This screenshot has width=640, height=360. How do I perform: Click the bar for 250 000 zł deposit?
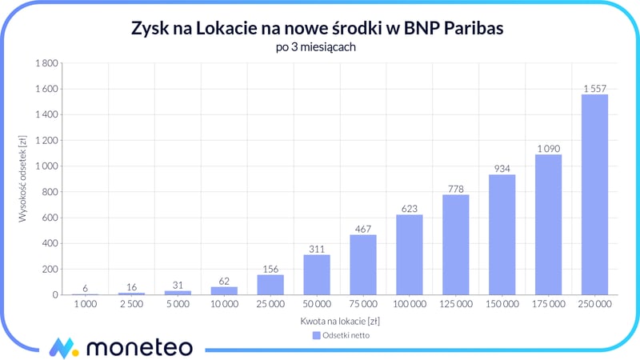(594, 194)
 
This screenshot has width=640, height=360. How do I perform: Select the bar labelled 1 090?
(548, 225)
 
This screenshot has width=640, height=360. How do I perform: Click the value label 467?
(362, 228)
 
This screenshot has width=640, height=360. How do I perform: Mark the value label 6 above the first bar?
(85, 288)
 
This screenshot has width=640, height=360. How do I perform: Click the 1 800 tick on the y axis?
(46, 63)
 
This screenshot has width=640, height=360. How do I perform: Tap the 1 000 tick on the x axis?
(85, 305)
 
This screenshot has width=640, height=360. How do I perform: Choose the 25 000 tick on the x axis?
(270, 305)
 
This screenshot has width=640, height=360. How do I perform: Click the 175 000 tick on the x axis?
(548, 305)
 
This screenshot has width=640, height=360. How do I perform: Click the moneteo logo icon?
(62, 348)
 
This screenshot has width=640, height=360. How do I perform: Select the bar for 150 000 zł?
(502, 235)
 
